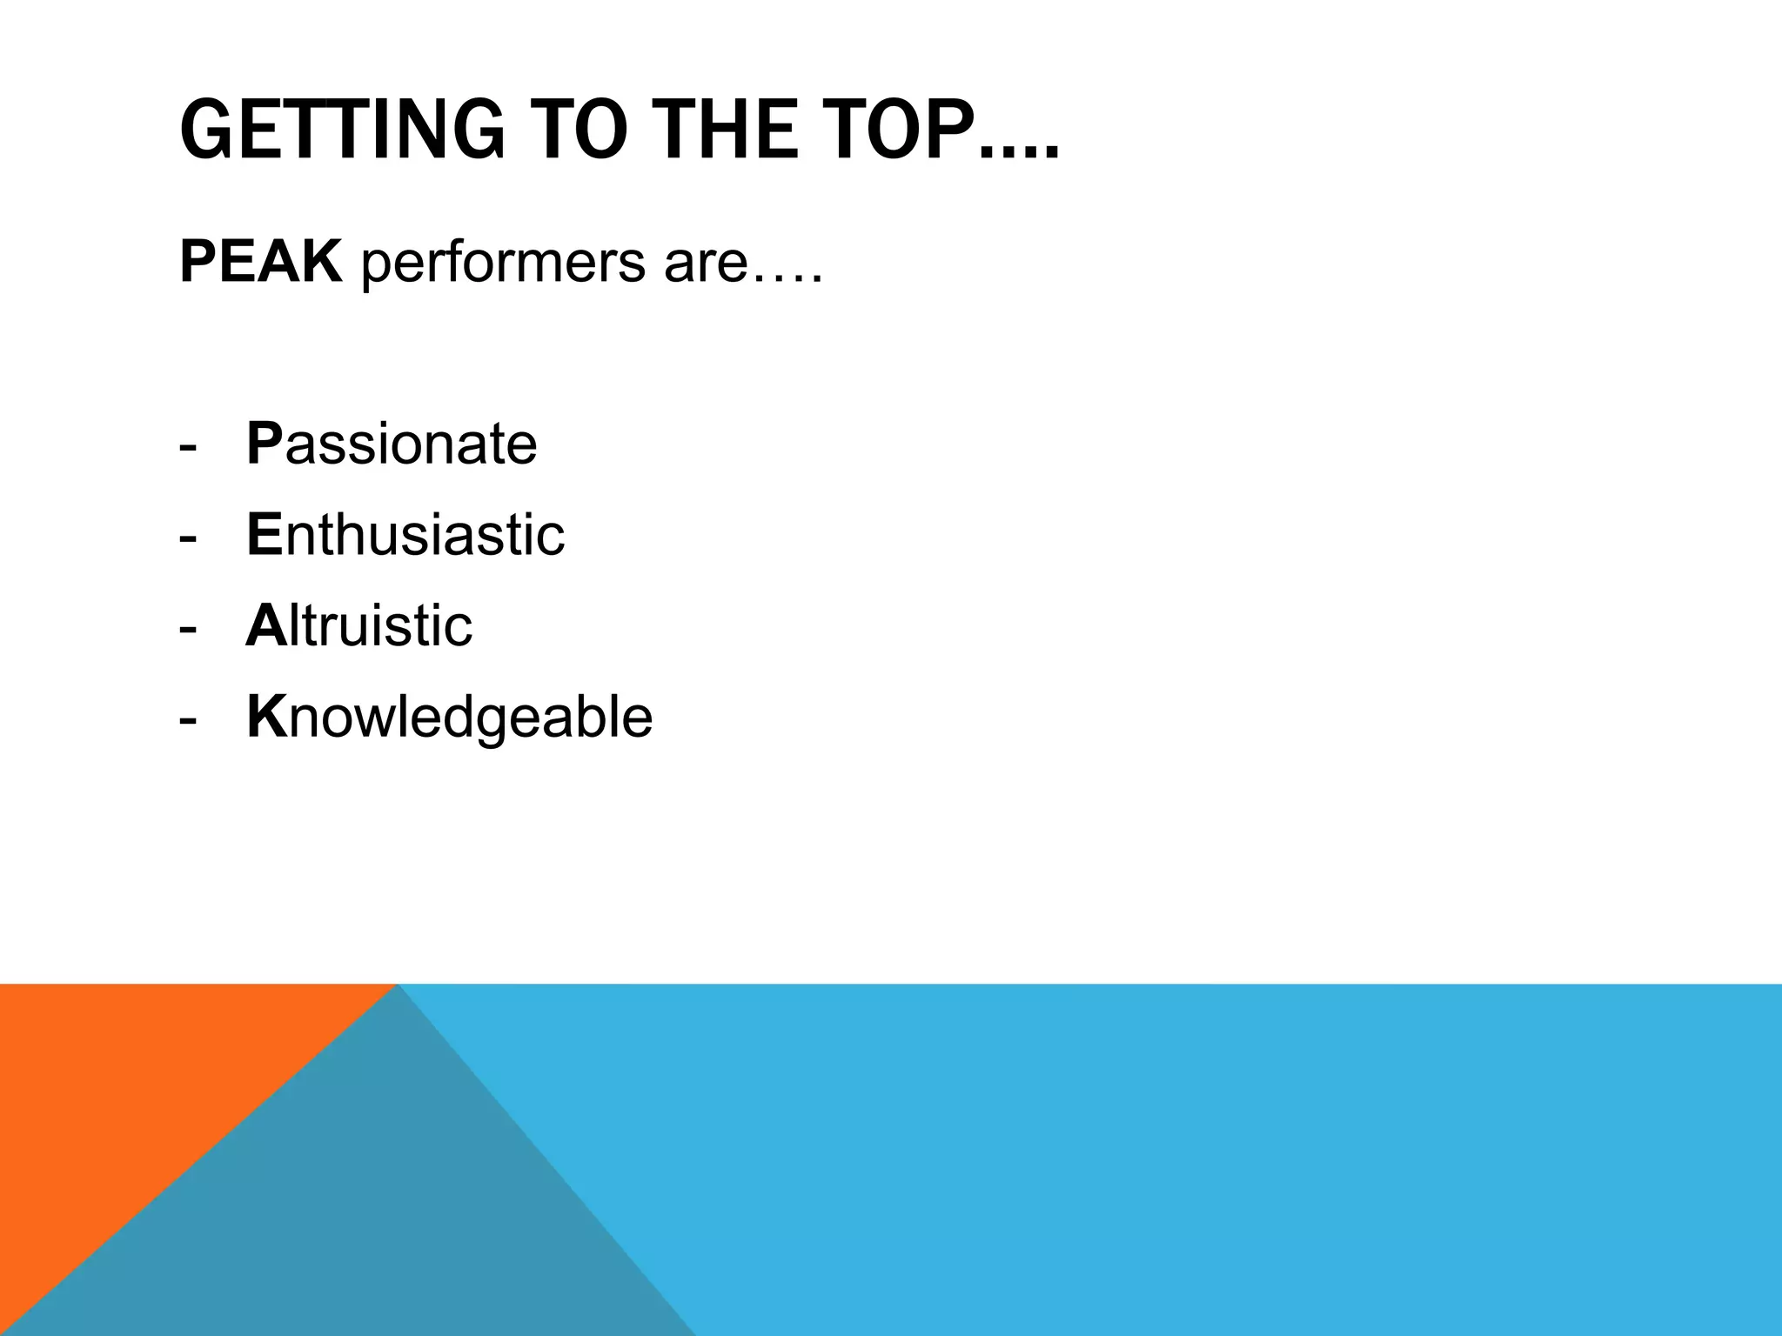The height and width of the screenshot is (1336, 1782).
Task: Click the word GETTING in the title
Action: [x=342, y=130]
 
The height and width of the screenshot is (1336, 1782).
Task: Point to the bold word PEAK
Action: [x=260, y=261]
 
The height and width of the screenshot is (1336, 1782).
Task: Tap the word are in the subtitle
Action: [x=705, y=265]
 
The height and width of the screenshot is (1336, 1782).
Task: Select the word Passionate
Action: [x=392, y=444]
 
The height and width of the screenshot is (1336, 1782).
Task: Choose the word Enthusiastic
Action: [x=405, y=534]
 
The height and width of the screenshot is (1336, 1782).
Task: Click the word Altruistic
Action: [x=359, y=625]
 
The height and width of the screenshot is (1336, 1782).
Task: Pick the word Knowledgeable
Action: [x=449, y=718]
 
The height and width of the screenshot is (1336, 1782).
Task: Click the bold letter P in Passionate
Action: [x=265, y=444]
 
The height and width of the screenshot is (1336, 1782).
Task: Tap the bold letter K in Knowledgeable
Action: [x=266, y=717]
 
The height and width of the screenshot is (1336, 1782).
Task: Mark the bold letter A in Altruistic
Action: [x=266, y=625]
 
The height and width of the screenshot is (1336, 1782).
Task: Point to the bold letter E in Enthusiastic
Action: [x=265, y=534]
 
